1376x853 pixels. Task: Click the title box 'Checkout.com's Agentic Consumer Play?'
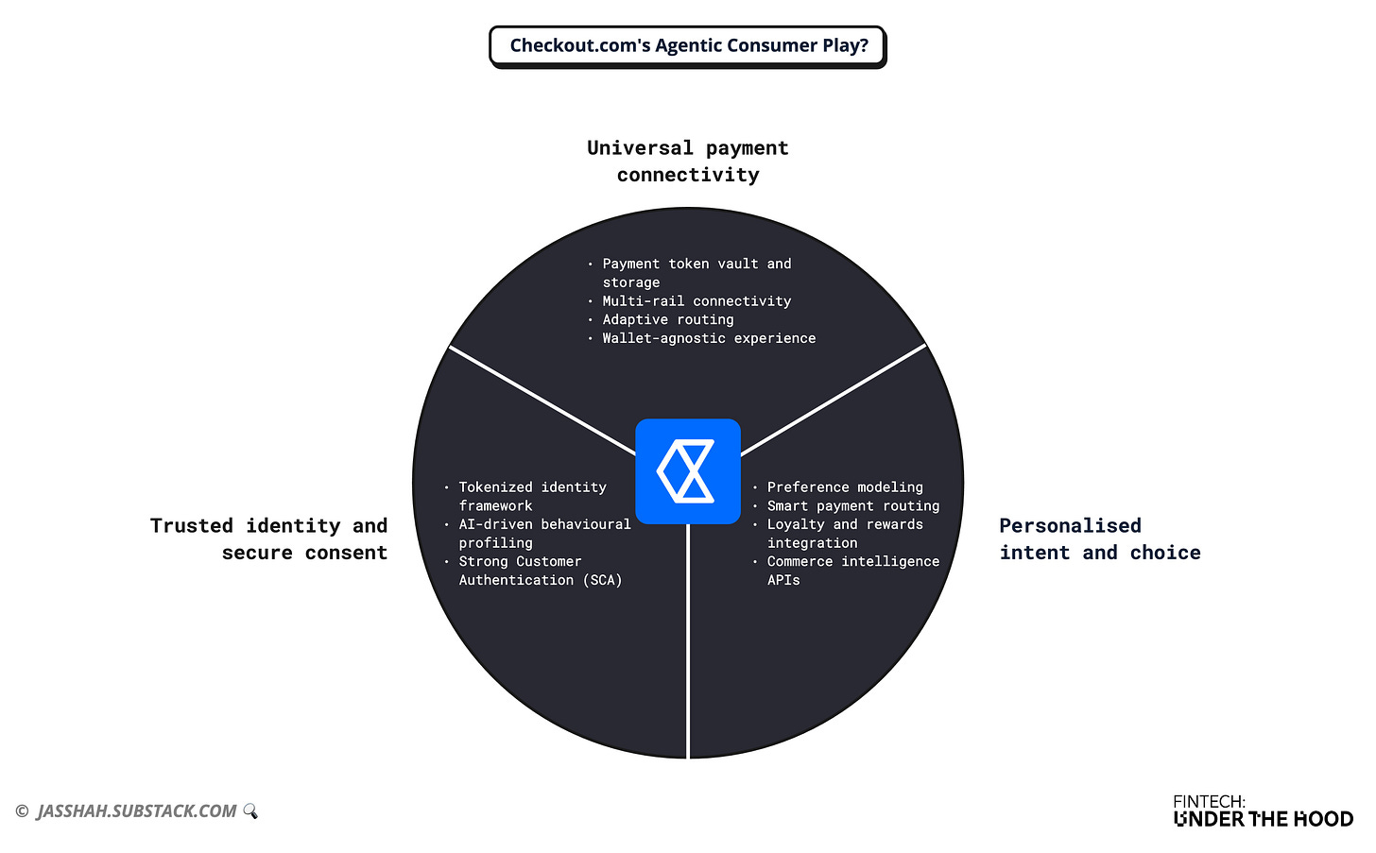[x=688, y=46]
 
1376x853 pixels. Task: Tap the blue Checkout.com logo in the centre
[x=688, y=470]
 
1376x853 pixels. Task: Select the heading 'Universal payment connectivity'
[x=688, y=162]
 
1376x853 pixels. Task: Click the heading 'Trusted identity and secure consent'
[x=269, y=538]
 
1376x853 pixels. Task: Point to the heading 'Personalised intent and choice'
[x=1099, y=538]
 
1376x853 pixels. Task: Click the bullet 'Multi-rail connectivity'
[x=697, y=301]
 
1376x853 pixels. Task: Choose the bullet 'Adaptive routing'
[x=667, y=319]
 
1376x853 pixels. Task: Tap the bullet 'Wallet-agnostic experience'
[x=709, y=338]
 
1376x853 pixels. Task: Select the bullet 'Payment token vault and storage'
[x=697, y=273]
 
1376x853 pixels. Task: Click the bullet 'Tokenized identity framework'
[x=532, y=496]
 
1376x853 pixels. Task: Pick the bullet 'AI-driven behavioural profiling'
[x=544, y=534]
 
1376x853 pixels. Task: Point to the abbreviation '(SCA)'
[x=602, y=580]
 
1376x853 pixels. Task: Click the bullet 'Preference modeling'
[x=844, y=487]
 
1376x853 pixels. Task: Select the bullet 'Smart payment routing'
[x=852, y=506]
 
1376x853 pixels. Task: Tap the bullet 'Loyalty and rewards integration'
[x=844, y=534]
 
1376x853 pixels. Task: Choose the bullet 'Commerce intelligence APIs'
[x=852, y=571]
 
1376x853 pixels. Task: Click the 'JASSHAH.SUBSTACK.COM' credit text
[x=137, y=811]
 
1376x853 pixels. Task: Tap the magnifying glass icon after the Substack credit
[x=250, y=811]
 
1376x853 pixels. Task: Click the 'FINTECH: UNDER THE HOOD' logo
[x=1263, y=811]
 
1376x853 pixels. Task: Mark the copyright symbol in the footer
[x=22, y=811]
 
